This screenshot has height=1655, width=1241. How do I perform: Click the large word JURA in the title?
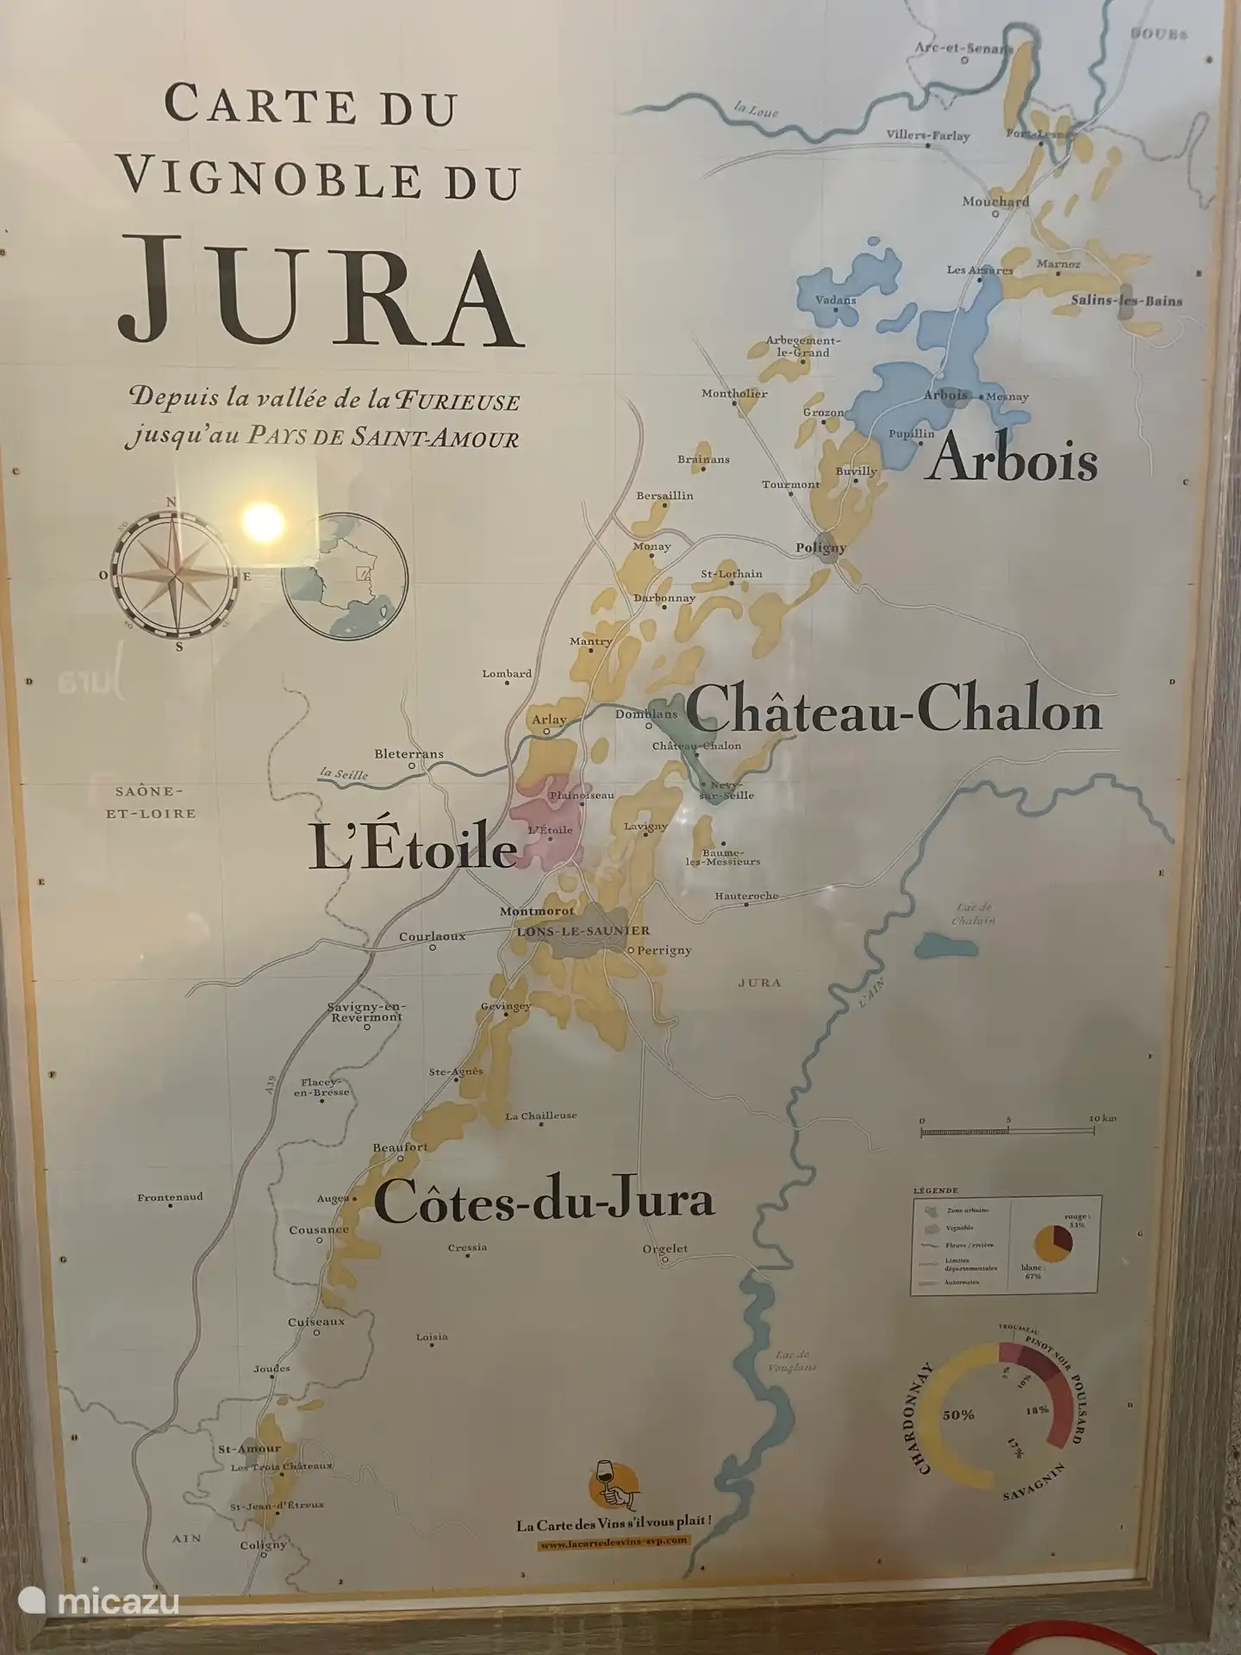point(321,287)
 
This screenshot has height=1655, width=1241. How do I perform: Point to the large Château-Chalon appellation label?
point(894,712)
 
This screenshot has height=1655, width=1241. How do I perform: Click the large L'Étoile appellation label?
point(412,850)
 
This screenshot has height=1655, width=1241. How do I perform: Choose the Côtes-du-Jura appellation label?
point(544,1201)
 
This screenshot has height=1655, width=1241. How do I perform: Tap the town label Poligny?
point(820,546)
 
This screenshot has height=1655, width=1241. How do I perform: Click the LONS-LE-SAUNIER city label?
point(583,931)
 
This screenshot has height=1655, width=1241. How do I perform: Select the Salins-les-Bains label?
point(1126,301)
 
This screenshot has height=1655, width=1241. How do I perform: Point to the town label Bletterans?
point(408,753)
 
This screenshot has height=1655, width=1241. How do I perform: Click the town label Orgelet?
point(665,1248)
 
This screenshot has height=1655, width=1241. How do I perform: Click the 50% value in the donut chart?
point(958,1415)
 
